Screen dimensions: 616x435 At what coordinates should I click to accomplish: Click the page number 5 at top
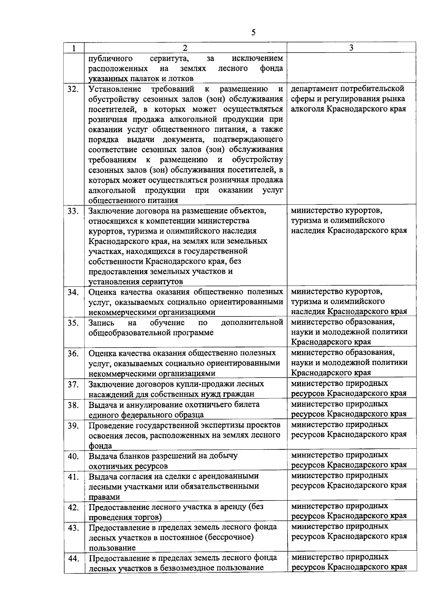253,32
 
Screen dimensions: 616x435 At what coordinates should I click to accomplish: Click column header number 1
74,48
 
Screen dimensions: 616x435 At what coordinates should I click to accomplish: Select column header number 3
351,48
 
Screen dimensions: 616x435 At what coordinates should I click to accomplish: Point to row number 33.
73,211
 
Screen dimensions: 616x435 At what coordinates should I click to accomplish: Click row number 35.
73,323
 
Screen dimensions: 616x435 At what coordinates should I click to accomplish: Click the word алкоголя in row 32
307,109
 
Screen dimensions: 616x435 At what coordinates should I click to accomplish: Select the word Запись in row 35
101,323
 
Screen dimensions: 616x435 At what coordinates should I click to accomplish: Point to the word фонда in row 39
100,446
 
